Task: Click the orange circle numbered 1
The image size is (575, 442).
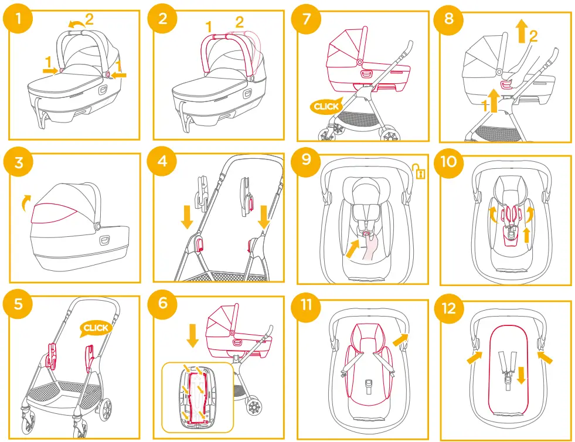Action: (18, 18)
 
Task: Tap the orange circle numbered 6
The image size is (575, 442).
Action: (162, 304)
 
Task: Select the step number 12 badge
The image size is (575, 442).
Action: (448, 308)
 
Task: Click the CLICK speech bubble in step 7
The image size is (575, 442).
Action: (326, 106)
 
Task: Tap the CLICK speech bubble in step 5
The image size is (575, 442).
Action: (96, 328)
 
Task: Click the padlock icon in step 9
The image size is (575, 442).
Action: (419, 171)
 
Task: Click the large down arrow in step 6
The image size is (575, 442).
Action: (192, 335)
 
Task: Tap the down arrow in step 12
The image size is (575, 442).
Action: (521, 376)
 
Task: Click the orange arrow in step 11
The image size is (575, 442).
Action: (400, 339)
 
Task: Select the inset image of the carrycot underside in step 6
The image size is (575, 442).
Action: (198, 397)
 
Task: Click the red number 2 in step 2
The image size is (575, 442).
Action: (240, 22)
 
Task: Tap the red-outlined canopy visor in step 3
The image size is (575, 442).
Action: (55, 213)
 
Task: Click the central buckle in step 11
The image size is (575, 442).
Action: (369, 387)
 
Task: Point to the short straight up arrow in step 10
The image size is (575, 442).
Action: (527, 235)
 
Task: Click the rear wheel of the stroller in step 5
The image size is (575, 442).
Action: (106, 410)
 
